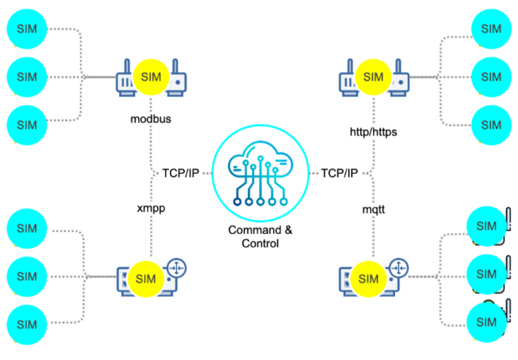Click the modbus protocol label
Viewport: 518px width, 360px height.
[151, 118]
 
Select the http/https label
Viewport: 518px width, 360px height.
[374, 132]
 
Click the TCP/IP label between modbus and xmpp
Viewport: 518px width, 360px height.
[180, 173]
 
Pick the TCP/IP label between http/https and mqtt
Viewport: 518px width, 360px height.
[340, 173]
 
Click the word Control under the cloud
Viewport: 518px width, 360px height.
[259, 243]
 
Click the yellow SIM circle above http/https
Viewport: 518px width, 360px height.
[373, 76]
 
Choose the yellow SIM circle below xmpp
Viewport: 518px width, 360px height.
[145, 279]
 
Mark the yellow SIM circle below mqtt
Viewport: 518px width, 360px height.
[369, 279]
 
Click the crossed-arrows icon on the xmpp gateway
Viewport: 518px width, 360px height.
[177, 268]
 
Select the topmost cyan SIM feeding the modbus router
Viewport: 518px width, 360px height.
[26, 29]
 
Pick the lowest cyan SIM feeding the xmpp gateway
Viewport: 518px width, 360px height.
[26, 325]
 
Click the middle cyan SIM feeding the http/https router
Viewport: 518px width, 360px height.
[490, 76]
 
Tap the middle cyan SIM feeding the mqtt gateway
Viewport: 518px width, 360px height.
[487, 273]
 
